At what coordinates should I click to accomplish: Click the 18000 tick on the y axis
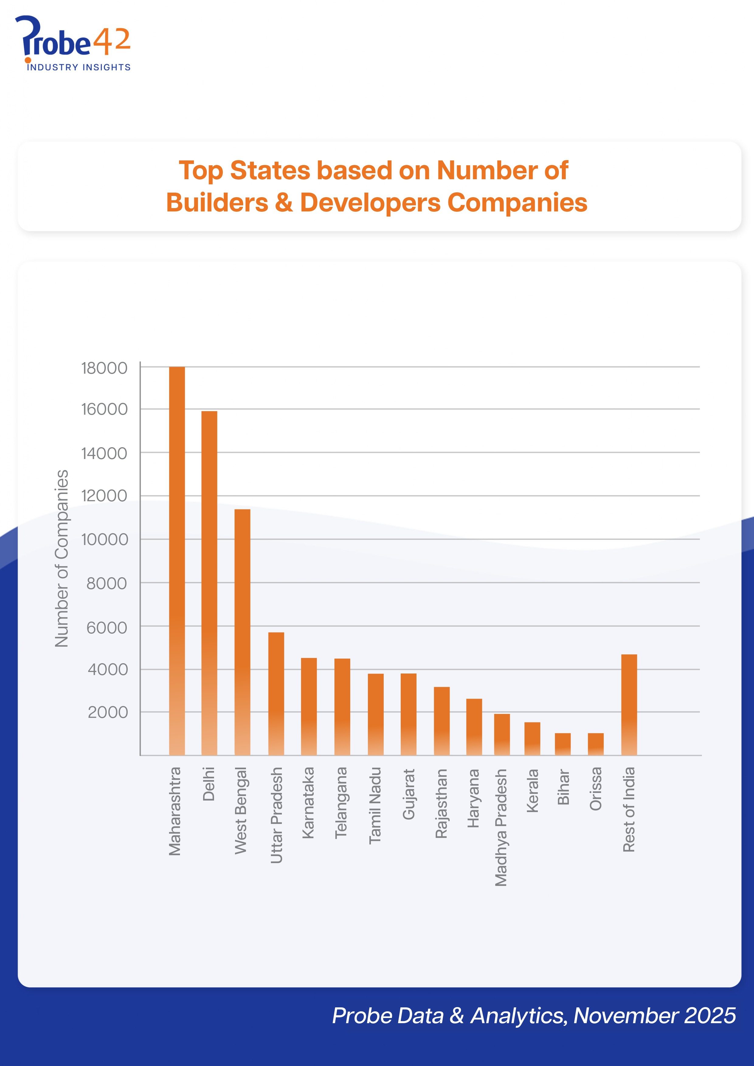click(104, 368)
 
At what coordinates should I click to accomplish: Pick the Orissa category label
click(596, 789)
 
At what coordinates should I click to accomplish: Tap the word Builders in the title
click(217, 203)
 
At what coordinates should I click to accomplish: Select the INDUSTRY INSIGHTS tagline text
click(78, 67)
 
